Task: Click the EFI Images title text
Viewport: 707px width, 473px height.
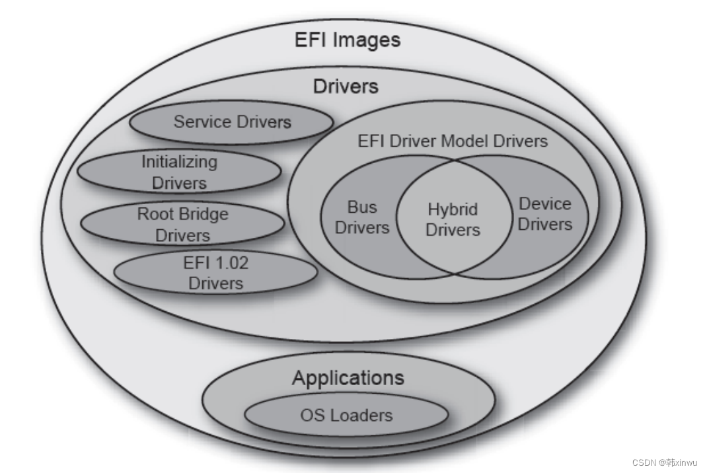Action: [347, 40]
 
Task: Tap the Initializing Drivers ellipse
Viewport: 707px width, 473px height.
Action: [179, 172]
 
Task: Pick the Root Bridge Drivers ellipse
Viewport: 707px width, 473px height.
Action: [183, 225]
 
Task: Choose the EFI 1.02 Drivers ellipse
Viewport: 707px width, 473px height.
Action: [216, 273]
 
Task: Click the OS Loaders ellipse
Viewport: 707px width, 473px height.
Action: [346, 416]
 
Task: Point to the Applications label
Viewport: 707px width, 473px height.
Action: [348, 379]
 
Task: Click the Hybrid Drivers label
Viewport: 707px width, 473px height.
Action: [453, 220]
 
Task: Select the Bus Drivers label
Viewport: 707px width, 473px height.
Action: [361, 217]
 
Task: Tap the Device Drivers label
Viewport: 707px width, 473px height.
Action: [544, 214]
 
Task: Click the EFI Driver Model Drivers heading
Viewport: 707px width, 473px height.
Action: [453, 141]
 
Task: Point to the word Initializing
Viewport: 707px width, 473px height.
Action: [179, 162]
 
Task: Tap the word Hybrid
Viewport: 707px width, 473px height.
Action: [453, 210]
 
